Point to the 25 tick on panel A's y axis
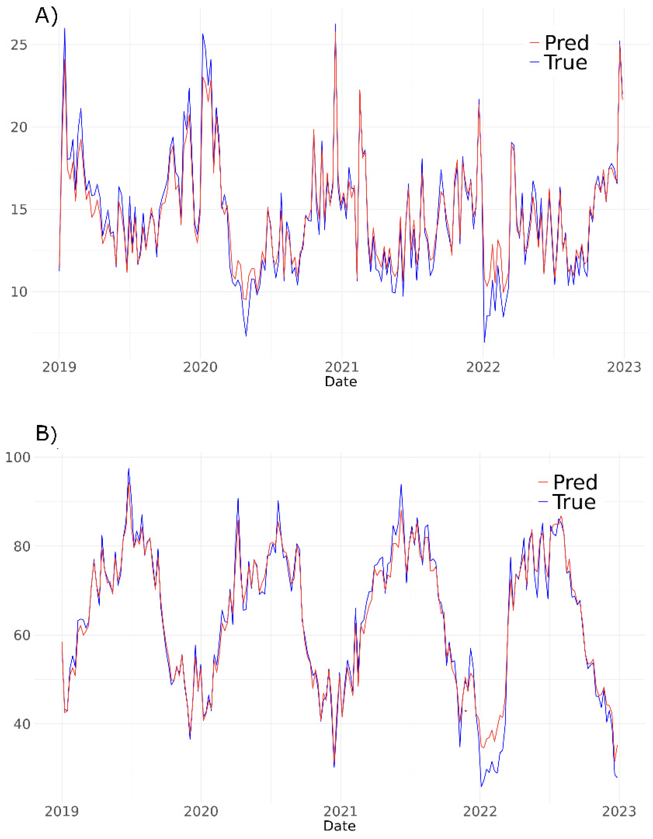click(19, 45)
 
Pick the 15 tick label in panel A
click(19, 210)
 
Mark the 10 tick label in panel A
click(19, 292)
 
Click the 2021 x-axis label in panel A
click(341, 367)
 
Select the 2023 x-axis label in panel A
click(624, 367)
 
